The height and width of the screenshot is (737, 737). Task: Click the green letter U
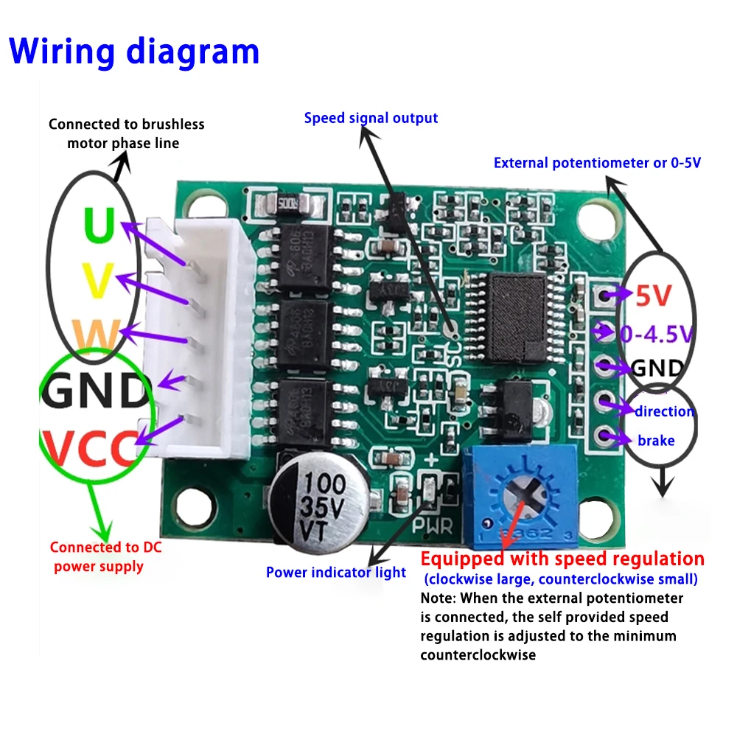click(x=99, y=224)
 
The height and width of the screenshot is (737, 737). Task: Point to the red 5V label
click(x=654, y=296)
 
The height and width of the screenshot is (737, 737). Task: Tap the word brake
click(x=655, y=441)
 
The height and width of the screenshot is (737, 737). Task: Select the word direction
click(x=664, y=411)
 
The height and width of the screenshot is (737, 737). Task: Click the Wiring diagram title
click(x=134, y=52)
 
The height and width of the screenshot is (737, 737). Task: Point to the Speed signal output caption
click(x=371, y=118)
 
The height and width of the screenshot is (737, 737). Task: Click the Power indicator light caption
click(x=336, y=572)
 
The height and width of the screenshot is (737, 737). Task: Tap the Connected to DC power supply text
click(x=105, y=556)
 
